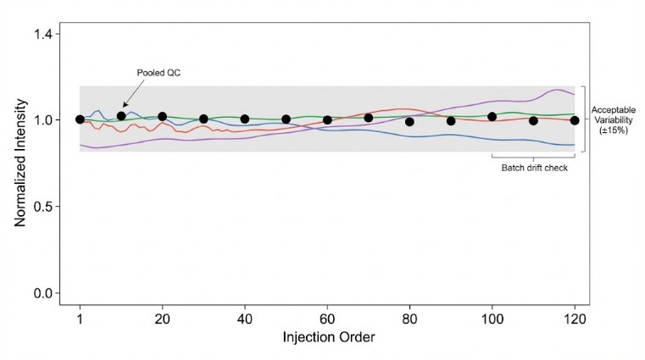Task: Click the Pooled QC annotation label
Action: [158, 73]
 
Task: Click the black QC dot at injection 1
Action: [80, 119]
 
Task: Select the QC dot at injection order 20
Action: [162, 117]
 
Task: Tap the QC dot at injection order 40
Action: [245, 119]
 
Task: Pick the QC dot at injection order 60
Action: [327, 120]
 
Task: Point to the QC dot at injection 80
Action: [409, 122]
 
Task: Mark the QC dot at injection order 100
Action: [492, 117]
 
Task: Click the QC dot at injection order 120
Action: [575, 120]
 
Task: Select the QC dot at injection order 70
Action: [369, 118]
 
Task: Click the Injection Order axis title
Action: [327, 337]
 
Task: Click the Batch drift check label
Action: [533, 168]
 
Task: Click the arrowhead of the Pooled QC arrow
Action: [125, 106]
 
